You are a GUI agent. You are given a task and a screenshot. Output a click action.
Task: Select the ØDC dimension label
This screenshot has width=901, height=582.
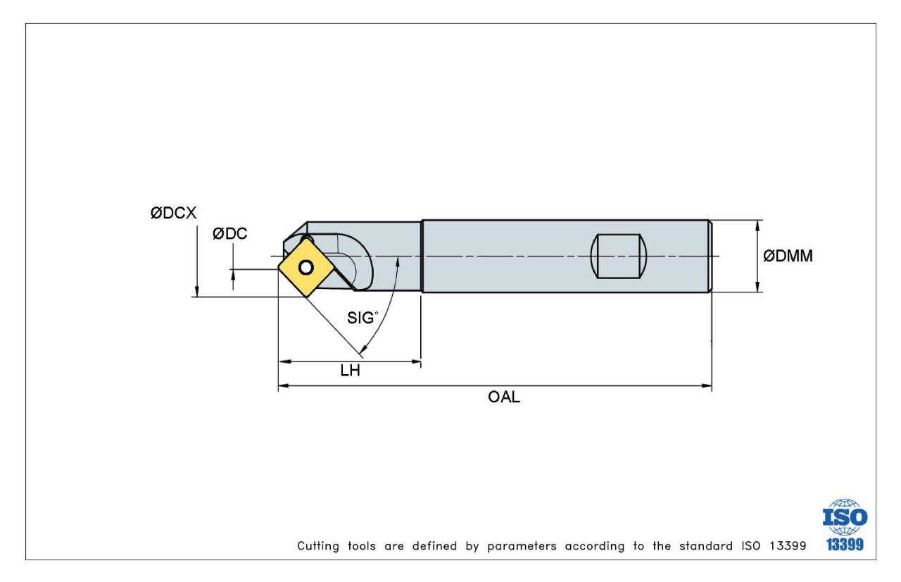click(230, 234)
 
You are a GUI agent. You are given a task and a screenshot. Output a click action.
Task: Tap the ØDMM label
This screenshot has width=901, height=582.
click(788, 256)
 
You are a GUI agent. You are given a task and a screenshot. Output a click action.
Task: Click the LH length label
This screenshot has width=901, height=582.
click(350, 371)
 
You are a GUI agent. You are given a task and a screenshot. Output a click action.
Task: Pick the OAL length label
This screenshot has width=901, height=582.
click(504, 397)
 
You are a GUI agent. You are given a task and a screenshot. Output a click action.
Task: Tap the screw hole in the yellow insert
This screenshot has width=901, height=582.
click(305, 267)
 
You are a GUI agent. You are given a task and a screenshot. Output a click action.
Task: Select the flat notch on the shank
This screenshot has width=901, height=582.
click(619, 256)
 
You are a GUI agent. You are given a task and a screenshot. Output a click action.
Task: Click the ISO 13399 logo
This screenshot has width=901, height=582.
click(845, 526)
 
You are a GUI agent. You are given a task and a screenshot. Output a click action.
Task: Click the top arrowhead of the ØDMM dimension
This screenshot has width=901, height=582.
click(757, 225)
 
